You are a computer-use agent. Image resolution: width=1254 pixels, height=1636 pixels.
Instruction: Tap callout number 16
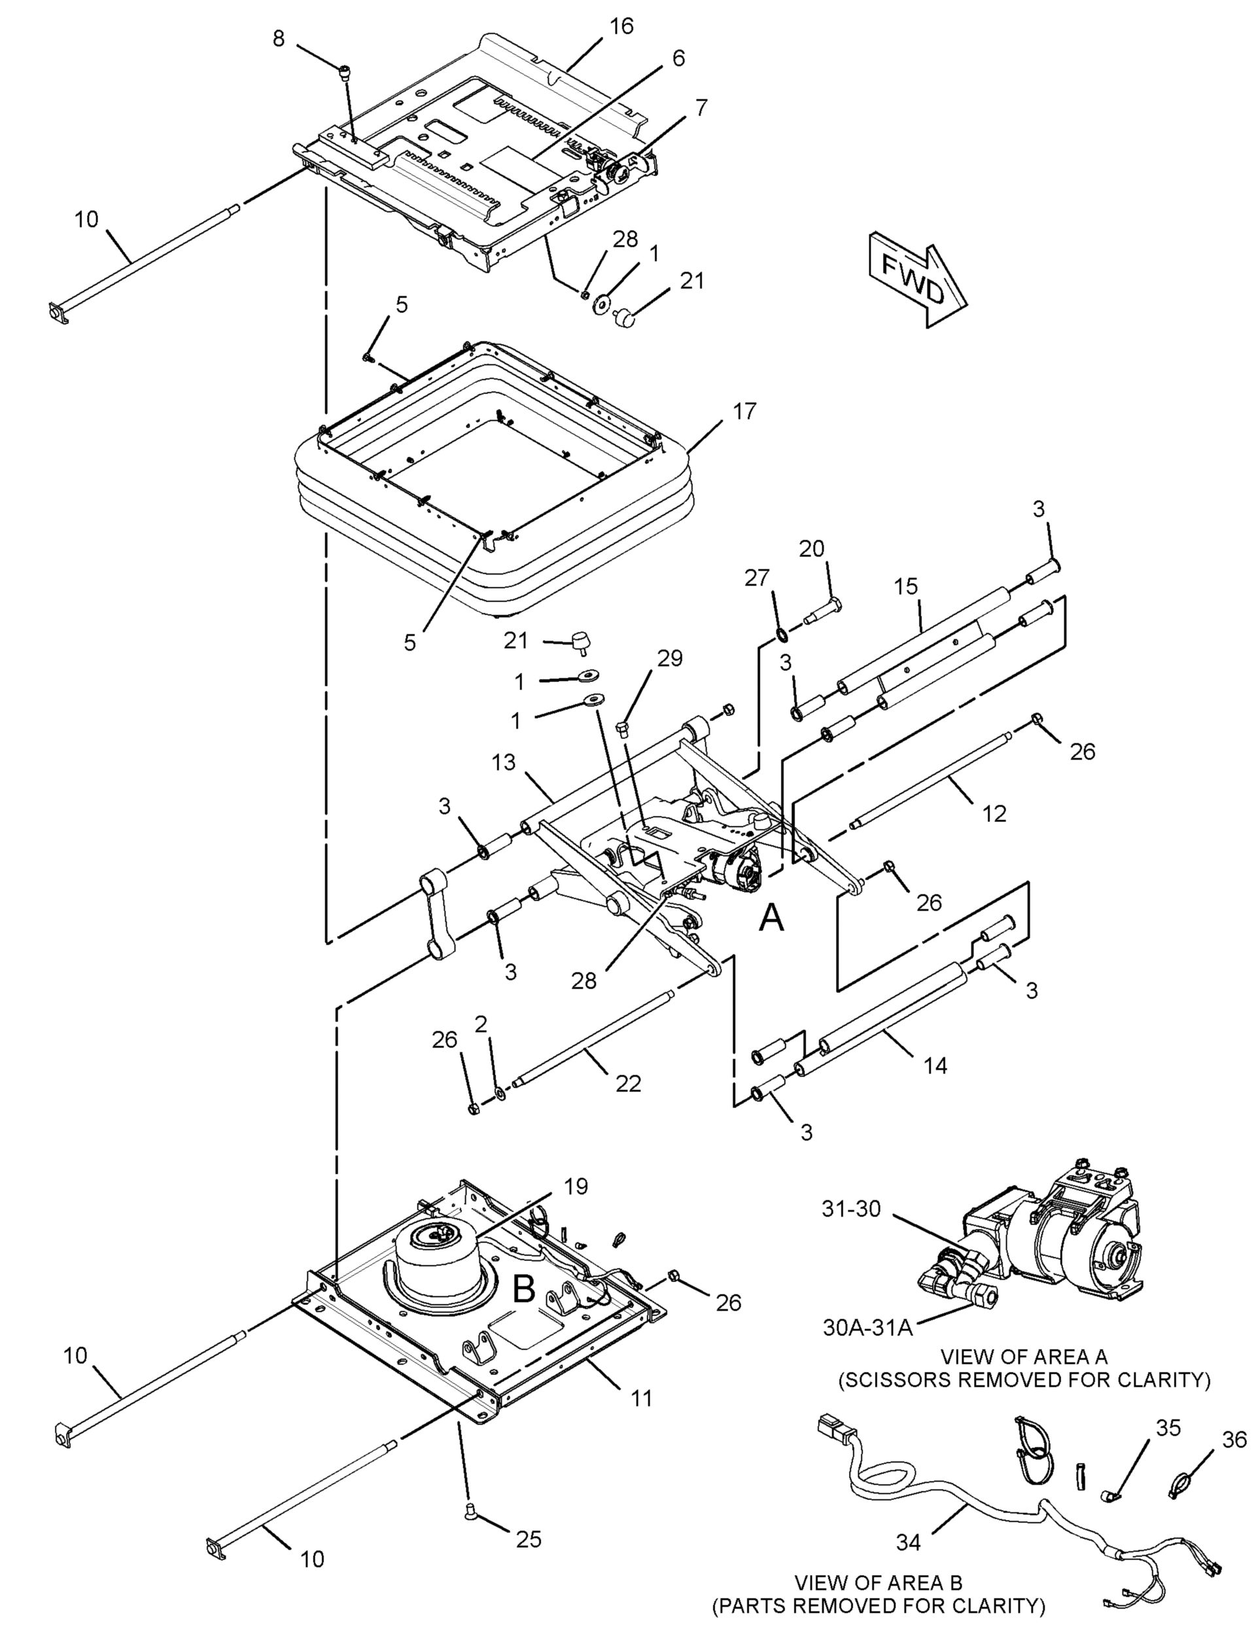pyautogui.click(x=621, y=26)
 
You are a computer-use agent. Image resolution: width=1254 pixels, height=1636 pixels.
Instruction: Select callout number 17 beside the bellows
pyautogui.click(x=744, y=412)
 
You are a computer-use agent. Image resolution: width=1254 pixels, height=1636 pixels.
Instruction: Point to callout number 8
pyautogui.click(x=279, y=39)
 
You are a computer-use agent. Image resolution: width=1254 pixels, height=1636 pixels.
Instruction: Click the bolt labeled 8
pyautogui.click(x=346, y=73)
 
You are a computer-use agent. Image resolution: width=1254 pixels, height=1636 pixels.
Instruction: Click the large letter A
pyautogui.click(x=771, y=918)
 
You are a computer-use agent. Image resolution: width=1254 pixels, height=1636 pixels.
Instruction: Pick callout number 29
pyautogui.click(x=670, y=658)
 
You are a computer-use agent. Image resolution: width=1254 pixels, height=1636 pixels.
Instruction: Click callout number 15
pyautogui.click(x=906, y=586)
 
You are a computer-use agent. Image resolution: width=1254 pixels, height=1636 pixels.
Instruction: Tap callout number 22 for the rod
pyautogui.click(x=628, y=1084)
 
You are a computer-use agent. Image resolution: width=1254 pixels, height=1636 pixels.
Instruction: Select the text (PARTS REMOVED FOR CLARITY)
pyautogui.click(x=878, y=1600)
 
